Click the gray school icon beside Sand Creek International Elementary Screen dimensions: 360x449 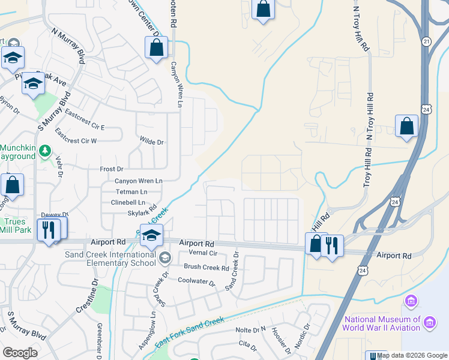pos(164,257)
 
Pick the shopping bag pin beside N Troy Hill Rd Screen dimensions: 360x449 pos(406,127)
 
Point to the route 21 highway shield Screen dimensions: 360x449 pos(426,41)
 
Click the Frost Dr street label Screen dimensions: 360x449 pos(111,169)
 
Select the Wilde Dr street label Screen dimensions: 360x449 pos(152,142)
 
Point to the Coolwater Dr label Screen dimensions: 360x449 pos(196,280)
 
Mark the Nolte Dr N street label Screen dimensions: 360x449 pos(250,330)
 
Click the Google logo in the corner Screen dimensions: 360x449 pos(20,352)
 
